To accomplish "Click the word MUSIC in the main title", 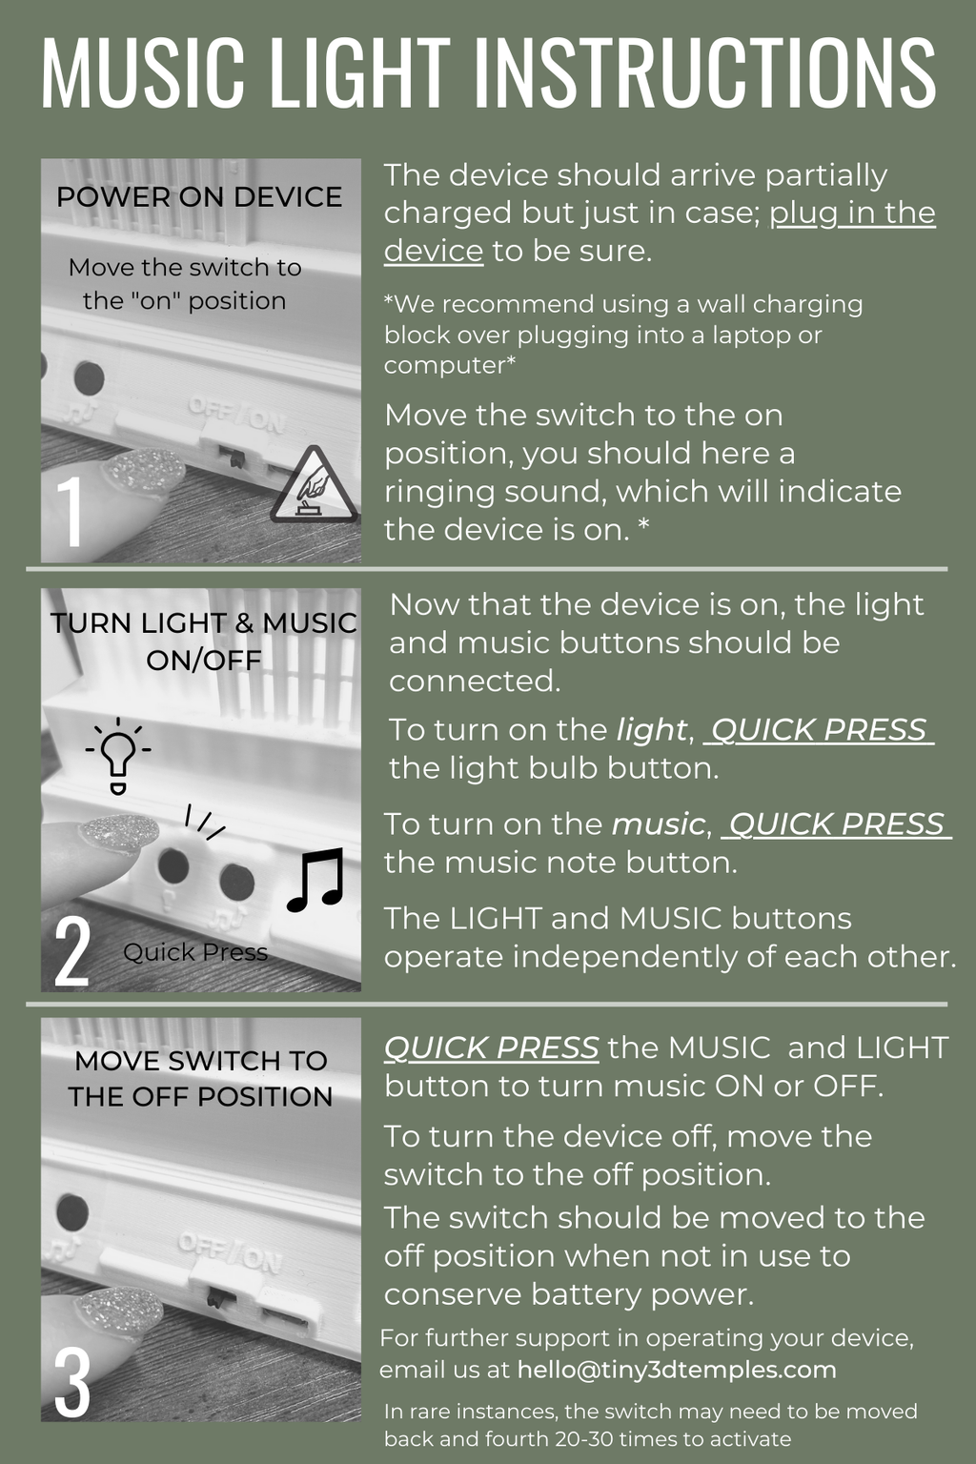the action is pyautogui.click(x=143, y=71).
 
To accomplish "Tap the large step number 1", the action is pyautogui.click(x=71, y=511).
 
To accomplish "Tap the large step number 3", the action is pyautogui.click(x=71, y=1383).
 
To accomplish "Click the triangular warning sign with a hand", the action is pyautogui.click(x=315, y=485).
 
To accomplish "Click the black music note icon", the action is pyautogui.click(x=315, y=880).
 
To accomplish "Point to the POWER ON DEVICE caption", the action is pyautogui.click(x=199, y=196).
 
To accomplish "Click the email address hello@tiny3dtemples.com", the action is pyautogui.click(x=677, y=1370).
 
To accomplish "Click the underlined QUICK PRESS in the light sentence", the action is pyautogui.click(x=819, y=730).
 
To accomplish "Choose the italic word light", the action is pyautogui.click(x=651, y=730).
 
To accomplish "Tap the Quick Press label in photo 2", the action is pyautogui.click(x=195, y=952).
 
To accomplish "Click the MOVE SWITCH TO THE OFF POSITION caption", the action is pyautogui.click(x=201, y=1078).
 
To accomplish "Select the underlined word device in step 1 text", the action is pyautogui.click(x=434, y=251).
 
